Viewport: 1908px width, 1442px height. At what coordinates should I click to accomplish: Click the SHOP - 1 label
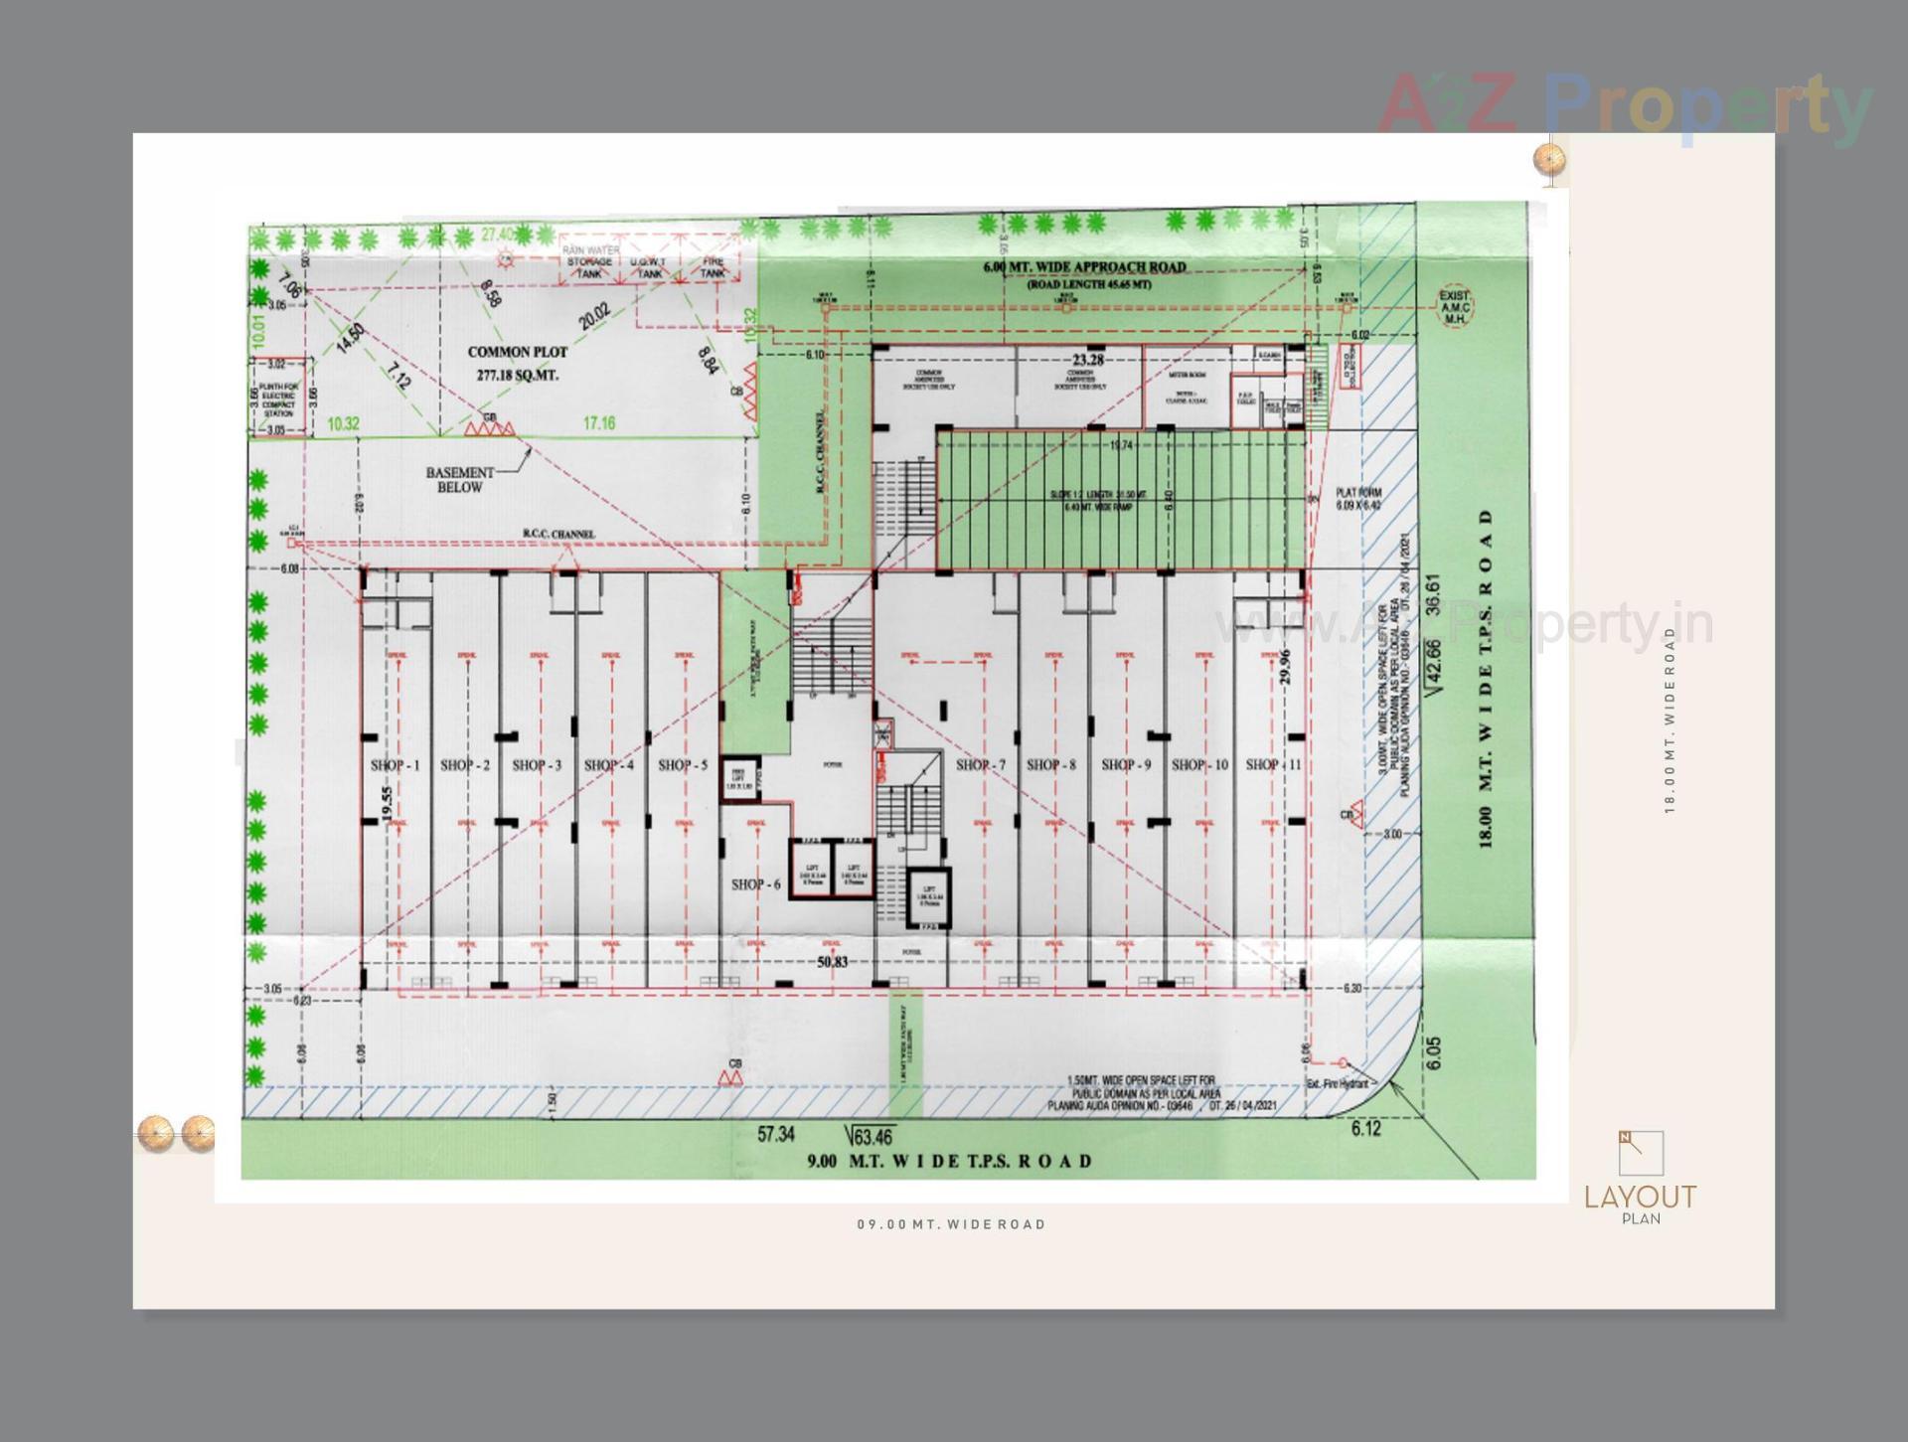coord(395,765)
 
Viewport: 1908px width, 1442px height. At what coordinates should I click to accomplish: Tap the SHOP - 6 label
coord(755,884)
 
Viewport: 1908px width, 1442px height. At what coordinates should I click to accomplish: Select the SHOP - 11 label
coord(1273,764)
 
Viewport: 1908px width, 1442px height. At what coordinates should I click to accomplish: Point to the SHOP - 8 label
coord(1050,765)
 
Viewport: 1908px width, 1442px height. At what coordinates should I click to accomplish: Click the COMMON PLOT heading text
coord(517,352)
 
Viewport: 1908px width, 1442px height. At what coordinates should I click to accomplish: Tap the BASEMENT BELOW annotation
coord(459,480)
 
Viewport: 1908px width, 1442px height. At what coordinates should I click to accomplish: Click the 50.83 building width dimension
coord(833,962)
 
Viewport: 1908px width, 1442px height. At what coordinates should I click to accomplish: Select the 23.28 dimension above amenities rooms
coord(1088,360)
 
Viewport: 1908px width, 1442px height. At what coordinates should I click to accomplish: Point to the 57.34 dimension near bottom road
coord(776,1134)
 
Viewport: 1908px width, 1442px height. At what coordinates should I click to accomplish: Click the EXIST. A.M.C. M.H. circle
coord(1454,306)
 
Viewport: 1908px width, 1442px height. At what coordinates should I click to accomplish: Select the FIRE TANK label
coord(713,267)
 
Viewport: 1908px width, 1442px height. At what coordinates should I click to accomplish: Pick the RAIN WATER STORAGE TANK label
coord(589,262)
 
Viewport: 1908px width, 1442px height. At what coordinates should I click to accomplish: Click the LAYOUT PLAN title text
coord(1640,1202)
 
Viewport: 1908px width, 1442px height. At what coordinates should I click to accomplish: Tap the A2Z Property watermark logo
coord(1624,106)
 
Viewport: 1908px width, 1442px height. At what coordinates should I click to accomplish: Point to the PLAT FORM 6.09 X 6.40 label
coord(1358,499)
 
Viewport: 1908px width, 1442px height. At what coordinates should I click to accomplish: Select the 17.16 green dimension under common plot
coord(599,423)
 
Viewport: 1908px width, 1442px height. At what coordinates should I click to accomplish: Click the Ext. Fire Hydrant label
coord(1337,1083)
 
